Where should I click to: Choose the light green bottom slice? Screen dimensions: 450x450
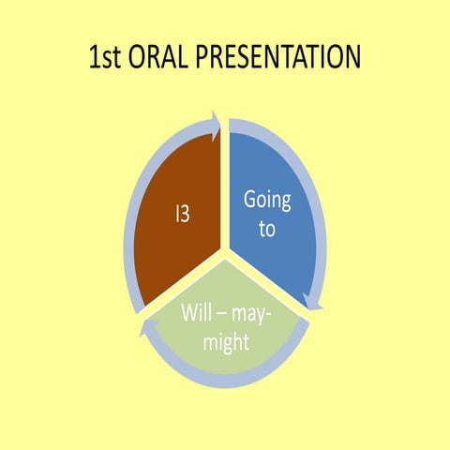[x=225, y=323]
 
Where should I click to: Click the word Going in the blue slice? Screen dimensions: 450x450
[x=267, y=200]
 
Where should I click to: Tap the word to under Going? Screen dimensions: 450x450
[x=267, y=228]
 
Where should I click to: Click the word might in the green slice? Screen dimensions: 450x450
[x=225, y=343]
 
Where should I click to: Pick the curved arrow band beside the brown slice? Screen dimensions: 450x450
[x=131, y=216]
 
